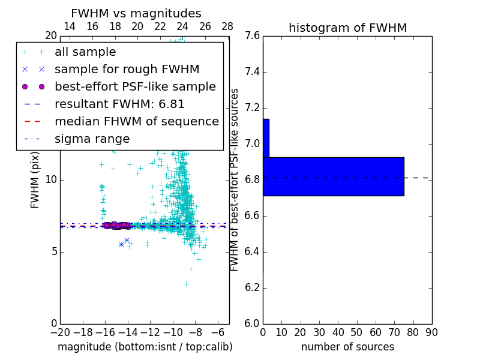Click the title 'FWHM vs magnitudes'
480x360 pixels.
(x=136, y=14)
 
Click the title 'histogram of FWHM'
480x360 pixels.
(x=347, y=28)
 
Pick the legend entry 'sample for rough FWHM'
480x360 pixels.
(x=127, y=70)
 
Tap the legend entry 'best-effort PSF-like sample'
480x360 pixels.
(x=135, y=87)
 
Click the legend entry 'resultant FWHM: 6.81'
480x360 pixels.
(x=119, y=104)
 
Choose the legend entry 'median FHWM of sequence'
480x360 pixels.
(x=136, y=122)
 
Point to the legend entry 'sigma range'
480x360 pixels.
(x=92, y=139)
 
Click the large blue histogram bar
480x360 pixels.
(x=333, y=176)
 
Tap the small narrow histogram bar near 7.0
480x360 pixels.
(x=266, y=138)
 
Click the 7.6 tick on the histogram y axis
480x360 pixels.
(x=252, y=36)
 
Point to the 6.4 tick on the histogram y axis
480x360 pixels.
(x=252, y=252)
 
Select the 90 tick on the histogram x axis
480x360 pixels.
(x=431, y=332)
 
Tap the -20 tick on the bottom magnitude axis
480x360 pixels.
(x=60, y=332)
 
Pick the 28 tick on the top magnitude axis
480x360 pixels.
(x=227, y=26)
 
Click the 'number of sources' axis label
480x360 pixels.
(x=347, y=347)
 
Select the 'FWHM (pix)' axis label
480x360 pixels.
(x=35, y=179)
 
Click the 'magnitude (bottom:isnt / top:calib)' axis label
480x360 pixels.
(x=145, y=347)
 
